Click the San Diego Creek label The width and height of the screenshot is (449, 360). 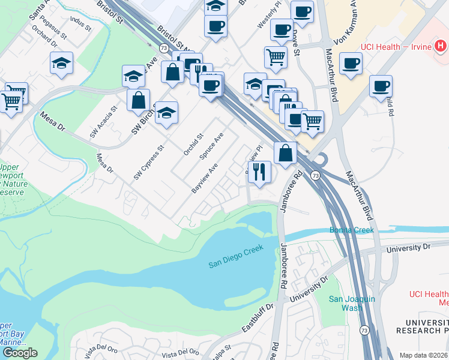click(x=236, y=263)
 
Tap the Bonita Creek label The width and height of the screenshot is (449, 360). click(x=351, y=230)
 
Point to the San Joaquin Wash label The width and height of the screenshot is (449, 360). click(x=345, y=304)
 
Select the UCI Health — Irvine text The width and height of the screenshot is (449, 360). click(x=397, y=47)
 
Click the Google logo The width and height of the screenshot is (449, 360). click(x=19, y=353)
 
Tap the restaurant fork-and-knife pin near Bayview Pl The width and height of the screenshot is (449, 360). click(x=260, y=172)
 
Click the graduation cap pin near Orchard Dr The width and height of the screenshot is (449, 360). click(x=61, y=63)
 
